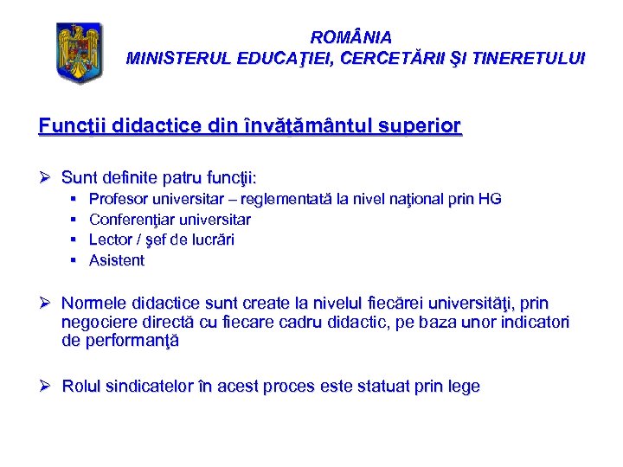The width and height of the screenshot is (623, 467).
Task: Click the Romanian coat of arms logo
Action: point(79,52)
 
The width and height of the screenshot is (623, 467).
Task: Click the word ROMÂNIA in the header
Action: point(350,38)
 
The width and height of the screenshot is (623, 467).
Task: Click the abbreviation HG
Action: point(490,199)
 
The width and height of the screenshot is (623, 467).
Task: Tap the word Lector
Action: point(111,240)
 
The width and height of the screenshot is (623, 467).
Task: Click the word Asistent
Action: point(117,260)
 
